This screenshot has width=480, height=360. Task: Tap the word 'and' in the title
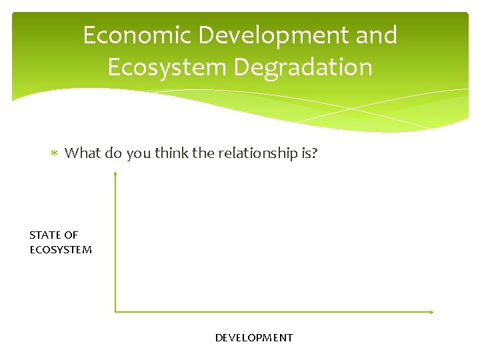(376, 35)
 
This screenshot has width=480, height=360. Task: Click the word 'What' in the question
(82, 153)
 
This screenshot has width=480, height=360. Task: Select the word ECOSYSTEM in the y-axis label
(61, 250)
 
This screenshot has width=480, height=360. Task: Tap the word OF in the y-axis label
(71, 235)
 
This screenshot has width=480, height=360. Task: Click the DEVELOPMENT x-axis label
(253, 337)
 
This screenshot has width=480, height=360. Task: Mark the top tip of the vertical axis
(115, 173)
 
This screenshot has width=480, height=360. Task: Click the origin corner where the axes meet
(115, 311)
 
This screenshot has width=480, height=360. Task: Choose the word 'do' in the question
(113, 153)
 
